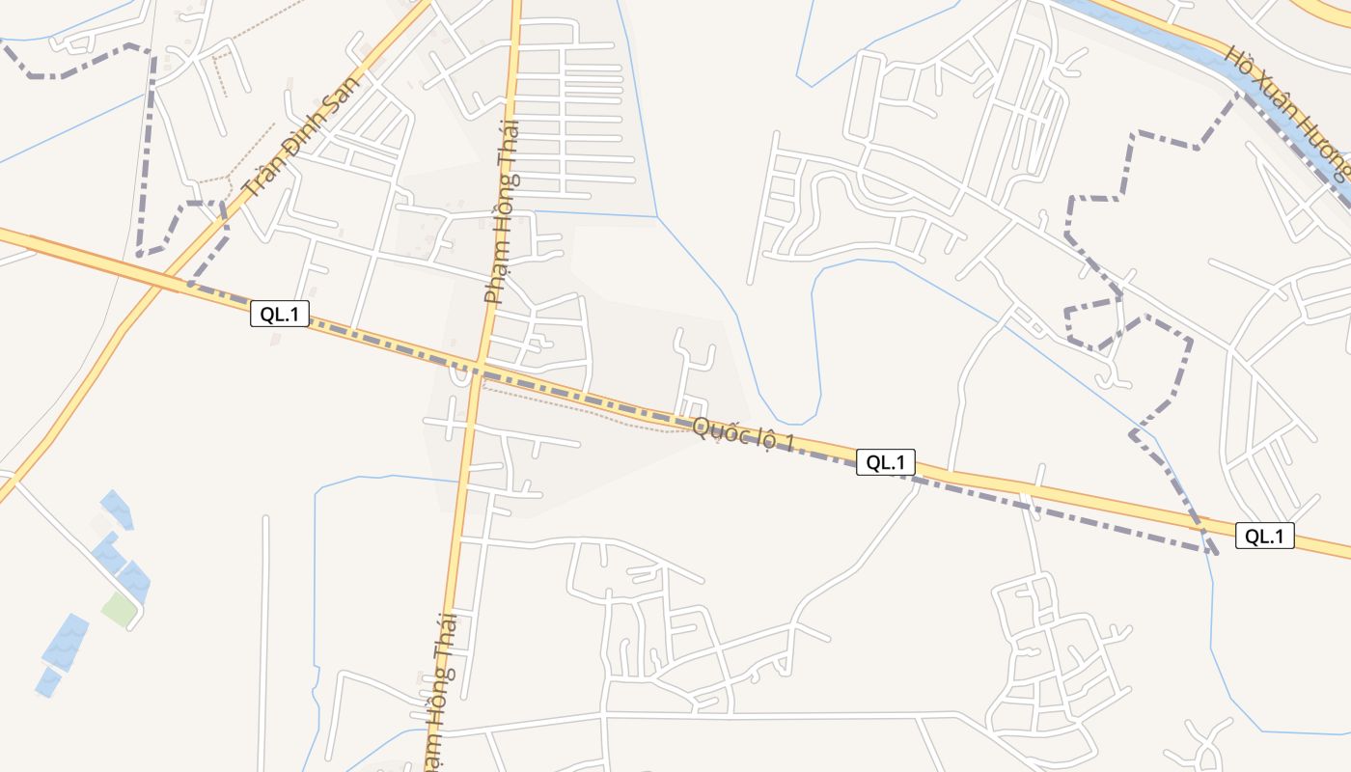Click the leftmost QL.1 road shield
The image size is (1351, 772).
point(280,314)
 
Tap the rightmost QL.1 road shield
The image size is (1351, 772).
point(1264,536)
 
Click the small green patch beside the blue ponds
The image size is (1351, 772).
point(118,609)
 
